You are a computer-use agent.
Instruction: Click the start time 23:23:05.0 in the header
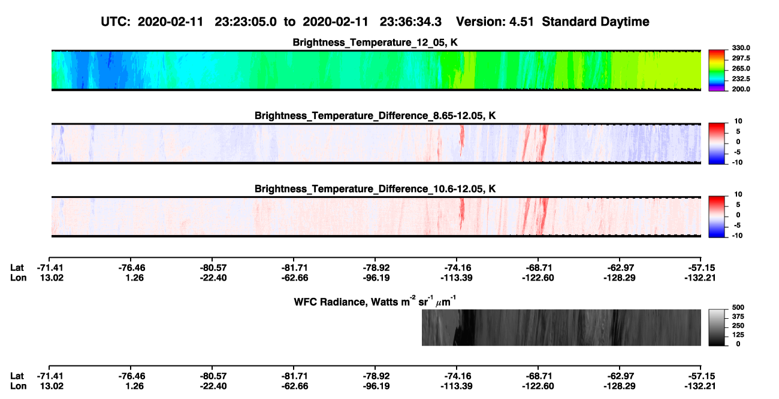pyautogui.click(x=245, y=22)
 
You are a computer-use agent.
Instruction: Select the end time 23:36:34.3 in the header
pyautogui.click(x=410, y=22)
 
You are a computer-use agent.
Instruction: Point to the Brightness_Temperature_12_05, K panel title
pyautogui.click(x=375, y=42)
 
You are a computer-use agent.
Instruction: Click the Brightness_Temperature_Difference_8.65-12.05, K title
pyautogui.click(x=375, y=115)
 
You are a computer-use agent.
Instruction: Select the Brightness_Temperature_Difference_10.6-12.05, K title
pyautogui.click(x=375, y=189)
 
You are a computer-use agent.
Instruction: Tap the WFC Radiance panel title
pyautogui.click(x=375, y=301)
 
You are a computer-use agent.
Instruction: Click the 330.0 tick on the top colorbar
pyautogui.click(x=741, y=48)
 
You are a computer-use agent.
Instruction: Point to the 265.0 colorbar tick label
pyautogui.click(x=741, y=68)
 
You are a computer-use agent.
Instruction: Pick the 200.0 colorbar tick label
pyautogui.click(x=741, y=89)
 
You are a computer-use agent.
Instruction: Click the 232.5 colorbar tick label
pyautogui.click(x=741, y=79)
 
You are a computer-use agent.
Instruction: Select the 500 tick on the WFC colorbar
pyautogui.click(x=738, y=307)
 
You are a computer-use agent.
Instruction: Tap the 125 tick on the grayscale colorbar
pyautogui.click(x=738, y=335)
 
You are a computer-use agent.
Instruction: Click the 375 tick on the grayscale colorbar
pyautogui.click(x=738, y=316)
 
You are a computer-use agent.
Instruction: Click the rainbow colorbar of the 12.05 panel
pyautogui.click(x=717, y=71)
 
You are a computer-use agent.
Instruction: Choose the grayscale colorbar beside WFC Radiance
pyautogui.click(x=717, y=327)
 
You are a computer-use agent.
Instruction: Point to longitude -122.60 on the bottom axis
pyautogui.click(x=538, y=386)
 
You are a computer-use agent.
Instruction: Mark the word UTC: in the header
pyautogui.click(x=116, y=22)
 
